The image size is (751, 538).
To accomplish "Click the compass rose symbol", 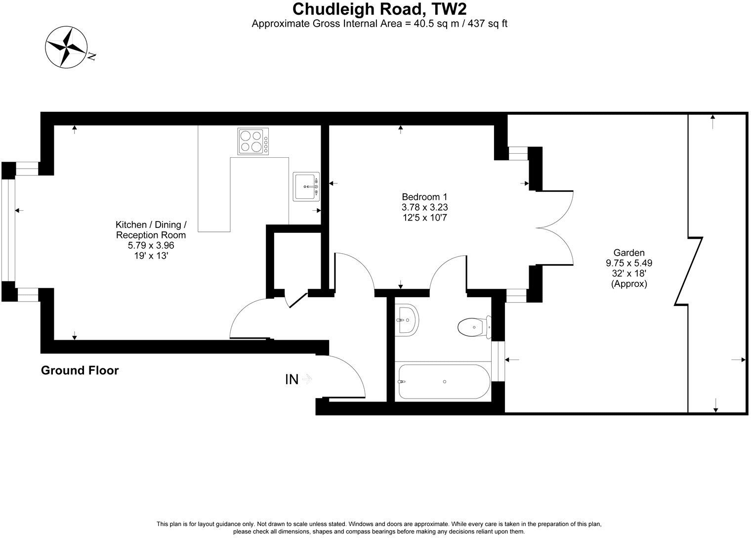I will (x=66, y=47).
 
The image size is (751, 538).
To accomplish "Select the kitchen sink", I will (x=306, y=186).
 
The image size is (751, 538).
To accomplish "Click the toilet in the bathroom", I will (x=473, y=326).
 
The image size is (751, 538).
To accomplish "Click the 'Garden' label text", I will (x=628, y=253).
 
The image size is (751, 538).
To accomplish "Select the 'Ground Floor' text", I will (x=80, y=370).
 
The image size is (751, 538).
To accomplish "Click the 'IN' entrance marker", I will (x=292, y=379).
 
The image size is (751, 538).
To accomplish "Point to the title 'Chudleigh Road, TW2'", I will (x=379, y=9).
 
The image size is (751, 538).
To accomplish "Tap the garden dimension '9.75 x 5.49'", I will (x=628, y=263).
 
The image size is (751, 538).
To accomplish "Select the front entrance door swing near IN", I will (x=348, y=376).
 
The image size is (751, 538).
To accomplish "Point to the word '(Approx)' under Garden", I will (x=628, y=284).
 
